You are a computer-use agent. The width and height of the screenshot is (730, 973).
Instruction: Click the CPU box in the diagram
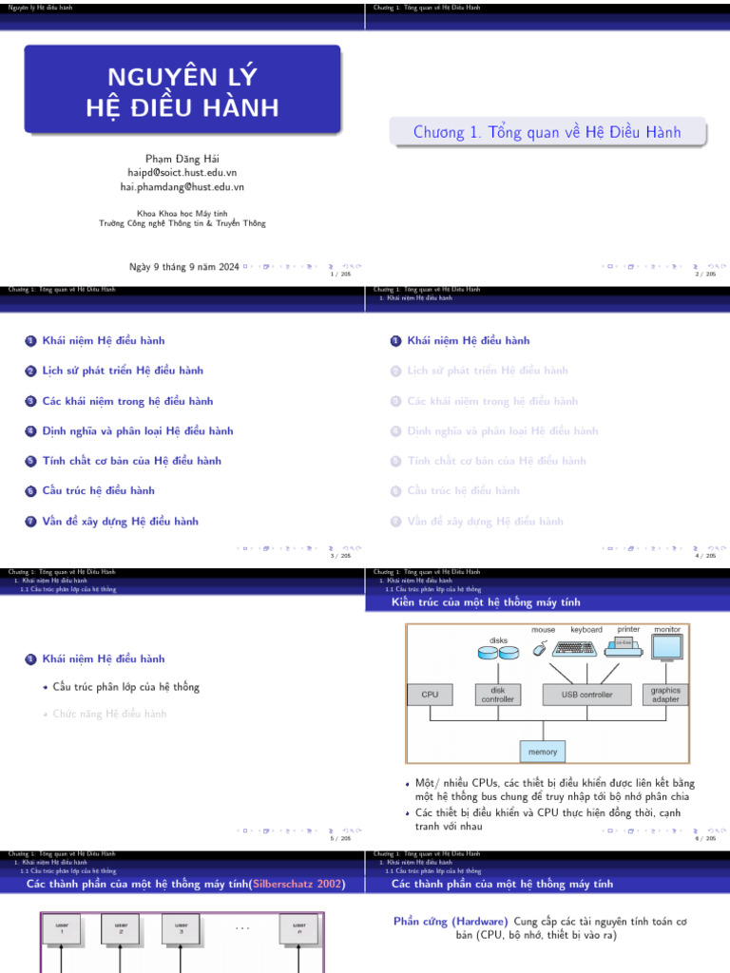pyautogui.click(x=430, y=695)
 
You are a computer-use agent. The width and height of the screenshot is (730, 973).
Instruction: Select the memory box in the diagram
pyautogui.click(x=543, y=752)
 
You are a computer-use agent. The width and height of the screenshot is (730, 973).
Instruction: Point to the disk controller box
pyautogui.click(x=498, y=695)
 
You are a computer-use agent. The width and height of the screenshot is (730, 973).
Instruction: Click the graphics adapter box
pyautogui.click(x=665, y=695)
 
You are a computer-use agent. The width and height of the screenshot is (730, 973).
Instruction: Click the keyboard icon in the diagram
pyautogui.click(x=575, y=648)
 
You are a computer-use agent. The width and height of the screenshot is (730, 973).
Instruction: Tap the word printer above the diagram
pyautogui.click(x=628, y=629)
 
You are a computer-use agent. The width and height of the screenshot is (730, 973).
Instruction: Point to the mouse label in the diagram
pyautogui.click(x=543, y=630)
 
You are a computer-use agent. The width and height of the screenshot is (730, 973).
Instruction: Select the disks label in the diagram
pyautogui.click(x=499, y=640)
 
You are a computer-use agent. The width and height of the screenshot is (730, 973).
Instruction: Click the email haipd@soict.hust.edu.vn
pyautogui.click(x=182, y=173)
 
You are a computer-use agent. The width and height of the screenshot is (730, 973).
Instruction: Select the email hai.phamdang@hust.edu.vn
pyautogui.click(x=182, y=187)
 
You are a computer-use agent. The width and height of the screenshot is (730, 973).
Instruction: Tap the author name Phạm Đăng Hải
pyautogui.click(x=182, y=158)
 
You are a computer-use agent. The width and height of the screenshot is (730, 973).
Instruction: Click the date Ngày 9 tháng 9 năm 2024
pyautogui.click(x=184, y=267)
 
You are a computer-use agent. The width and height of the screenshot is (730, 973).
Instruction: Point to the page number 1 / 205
pyautogui.click(x=340, y=275)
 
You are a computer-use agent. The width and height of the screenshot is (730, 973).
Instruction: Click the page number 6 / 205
pyautogui.click(x=705, y=838)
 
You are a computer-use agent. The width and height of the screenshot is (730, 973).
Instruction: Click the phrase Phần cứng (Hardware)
pyautogui.click(x=451, y=922)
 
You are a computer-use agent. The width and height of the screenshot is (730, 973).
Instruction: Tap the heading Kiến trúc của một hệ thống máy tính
pyautogui.click(x=486, y=602)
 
